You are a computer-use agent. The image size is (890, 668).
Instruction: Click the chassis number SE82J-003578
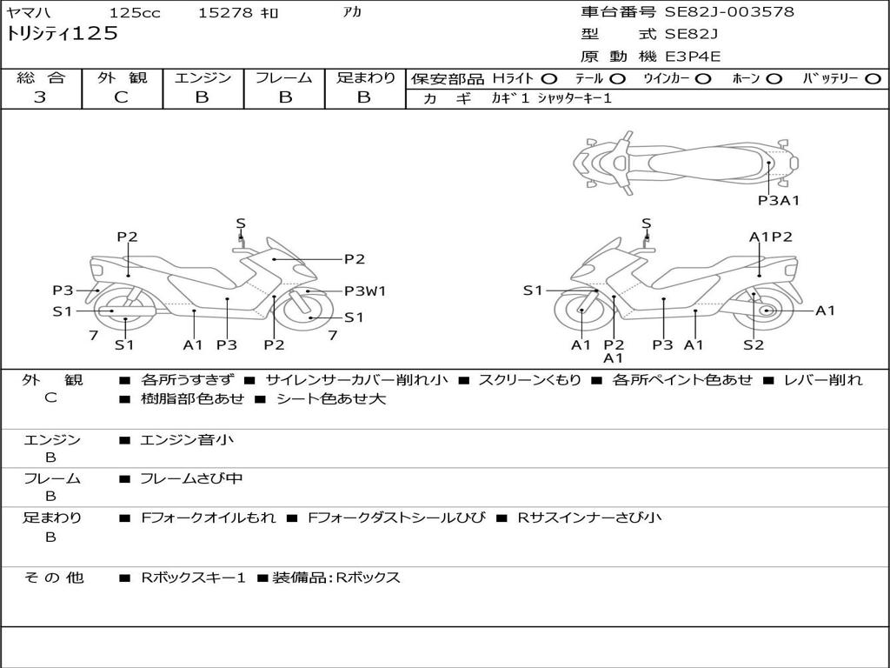click(x=729, y=12)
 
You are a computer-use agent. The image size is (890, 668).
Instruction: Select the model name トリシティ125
click(x=62, y=34)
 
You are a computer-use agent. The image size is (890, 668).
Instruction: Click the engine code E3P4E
click(x=693, y=57)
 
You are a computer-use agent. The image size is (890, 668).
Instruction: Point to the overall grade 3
click(x=40, y=97)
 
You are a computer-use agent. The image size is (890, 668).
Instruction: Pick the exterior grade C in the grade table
click(x=122, y=97)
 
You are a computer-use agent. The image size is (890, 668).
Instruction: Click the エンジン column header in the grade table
click(x=203, y=78)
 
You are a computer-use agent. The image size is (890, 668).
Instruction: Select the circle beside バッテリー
click(x=873, y=79)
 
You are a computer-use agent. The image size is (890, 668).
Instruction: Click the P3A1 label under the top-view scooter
click(x=778, y=200)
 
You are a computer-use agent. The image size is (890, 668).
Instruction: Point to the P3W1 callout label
click(x=365, y=291)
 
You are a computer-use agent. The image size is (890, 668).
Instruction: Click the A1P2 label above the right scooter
click(x=770, y=237)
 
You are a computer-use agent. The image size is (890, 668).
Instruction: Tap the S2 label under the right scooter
click(x=754, y=344)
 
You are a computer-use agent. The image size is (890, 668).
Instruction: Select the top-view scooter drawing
click(x=685, y=162)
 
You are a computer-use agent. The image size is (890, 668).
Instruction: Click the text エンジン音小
click(x=187, y=440)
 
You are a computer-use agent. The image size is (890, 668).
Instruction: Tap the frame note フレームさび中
click(x=191, y=478)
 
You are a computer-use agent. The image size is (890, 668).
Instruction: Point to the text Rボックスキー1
click(x=193, y=578)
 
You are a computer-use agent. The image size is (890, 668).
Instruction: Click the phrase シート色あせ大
click(x=330, y=399)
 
